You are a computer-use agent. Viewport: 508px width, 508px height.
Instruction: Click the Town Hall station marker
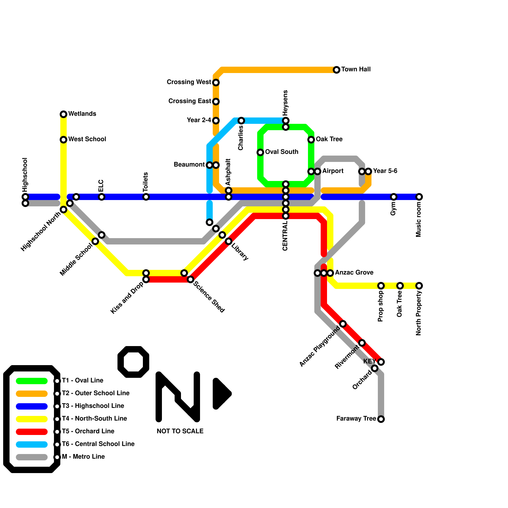pyautogui.click(x=337, y=70)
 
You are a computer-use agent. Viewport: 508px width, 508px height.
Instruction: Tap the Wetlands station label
pyautogui.click(x=82, y=114)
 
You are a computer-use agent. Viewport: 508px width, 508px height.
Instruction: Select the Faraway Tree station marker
pyautogui.click(x=381, y=419)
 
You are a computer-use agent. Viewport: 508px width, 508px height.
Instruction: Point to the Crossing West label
pyautogui.click(x=189, y=82)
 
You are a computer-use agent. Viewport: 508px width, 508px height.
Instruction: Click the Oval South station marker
pyautogui.click(x=260, y=152)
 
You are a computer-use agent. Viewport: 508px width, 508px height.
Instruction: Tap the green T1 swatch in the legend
pyautogui.click(x=32, y=381)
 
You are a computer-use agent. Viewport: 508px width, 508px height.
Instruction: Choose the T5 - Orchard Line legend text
pyautogui.click(x=88, y=431)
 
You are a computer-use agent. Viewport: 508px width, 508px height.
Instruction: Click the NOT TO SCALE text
pyautogui.click(x=180, y=431)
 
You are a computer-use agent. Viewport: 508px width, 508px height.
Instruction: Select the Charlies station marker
pyautogui.click(x=241, y=121)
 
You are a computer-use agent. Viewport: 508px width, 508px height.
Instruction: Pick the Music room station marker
pyautogui.click(x=419, y=197)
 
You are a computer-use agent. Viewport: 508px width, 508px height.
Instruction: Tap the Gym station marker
pyautogui.click(x=394, y=197)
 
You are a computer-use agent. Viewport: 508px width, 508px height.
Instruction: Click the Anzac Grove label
pyautogui.click(x=354, y=272)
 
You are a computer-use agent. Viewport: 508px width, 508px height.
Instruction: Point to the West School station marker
pyautogui.click(x=63, y=140)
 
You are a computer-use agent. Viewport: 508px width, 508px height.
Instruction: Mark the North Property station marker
pyautogui.click(x=419, y=286)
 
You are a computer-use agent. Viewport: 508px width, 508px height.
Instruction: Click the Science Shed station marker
pyautogui.click(x=190, y=279)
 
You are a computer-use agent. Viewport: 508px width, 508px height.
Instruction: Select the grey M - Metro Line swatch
pyautogui.click(x=32, y=457)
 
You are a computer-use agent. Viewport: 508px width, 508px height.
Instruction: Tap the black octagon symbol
pyautogui.click(x=133, y=362)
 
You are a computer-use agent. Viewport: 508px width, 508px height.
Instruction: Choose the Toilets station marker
pyautogui.click(x=146, y=197)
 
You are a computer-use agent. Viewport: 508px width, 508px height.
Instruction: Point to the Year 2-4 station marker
pyautogui.click(x=216, y=121)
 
